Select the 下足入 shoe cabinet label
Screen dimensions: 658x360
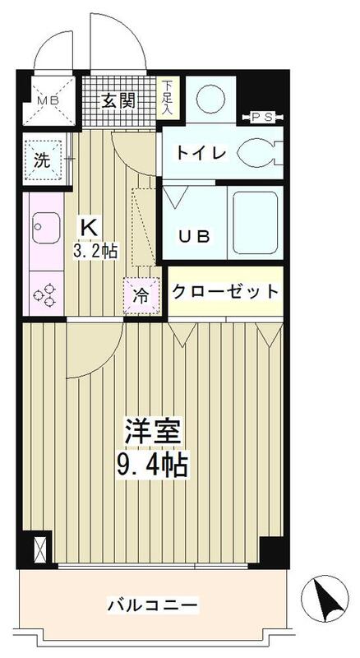tap(168, 95)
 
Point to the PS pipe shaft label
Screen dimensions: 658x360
tap(261, 116)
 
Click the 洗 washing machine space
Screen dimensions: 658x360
tap(44, 160)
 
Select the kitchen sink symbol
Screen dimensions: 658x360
tap(43, 223)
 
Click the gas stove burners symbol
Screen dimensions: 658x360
tap(43, 294)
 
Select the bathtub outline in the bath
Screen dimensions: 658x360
tap(256, 223)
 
